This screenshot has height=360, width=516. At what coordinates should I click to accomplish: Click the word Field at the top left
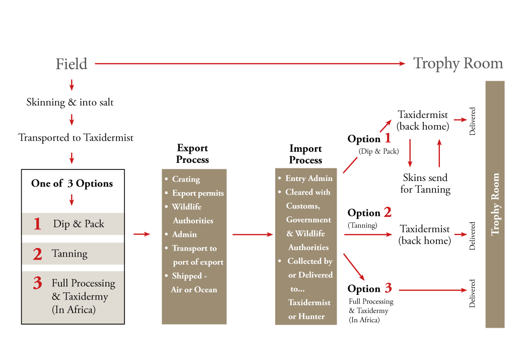click(72, 64)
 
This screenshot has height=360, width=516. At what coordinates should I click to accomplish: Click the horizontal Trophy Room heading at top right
click(458, 64)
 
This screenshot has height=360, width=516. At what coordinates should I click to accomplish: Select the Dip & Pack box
click(73, 224)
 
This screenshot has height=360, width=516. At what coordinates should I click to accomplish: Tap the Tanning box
click(73, 254)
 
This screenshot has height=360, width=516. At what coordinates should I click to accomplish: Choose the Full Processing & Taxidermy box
click(73, 297)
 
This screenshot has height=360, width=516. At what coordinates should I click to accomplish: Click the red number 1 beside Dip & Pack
click(37, 224)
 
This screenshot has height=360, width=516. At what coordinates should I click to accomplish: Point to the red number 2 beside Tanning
click(37, 254)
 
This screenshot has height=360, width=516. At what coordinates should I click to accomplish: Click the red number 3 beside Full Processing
click(37, 283)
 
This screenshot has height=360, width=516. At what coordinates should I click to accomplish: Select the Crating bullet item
click(185, 179)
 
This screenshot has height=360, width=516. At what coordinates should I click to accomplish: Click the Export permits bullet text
click(198, 193)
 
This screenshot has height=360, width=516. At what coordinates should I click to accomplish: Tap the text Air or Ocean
click(194, 290)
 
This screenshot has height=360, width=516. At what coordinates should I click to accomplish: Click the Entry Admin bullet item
click(308, 178)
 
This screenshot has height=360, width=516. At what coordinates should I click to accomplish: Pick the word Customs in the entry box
click(303, 206)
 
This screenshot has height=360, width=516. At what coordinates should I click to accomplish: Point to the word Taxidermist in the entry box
click(309, 303)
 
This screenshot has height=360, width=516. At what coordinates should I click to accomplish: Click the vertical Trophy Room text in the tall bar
click(495, 204)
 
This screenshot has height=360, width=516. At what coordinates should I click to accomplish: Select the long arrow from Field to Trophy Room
click(250, 64)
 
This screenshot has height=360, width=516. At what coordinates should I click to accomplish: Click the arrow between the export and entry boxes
click(252, 234)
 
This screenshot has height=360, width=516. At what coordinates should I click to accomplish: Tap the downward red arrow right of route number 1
click(410, 152)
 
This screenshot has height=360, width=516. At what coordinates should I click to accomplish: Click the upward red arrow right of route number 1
click(439, 152)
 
